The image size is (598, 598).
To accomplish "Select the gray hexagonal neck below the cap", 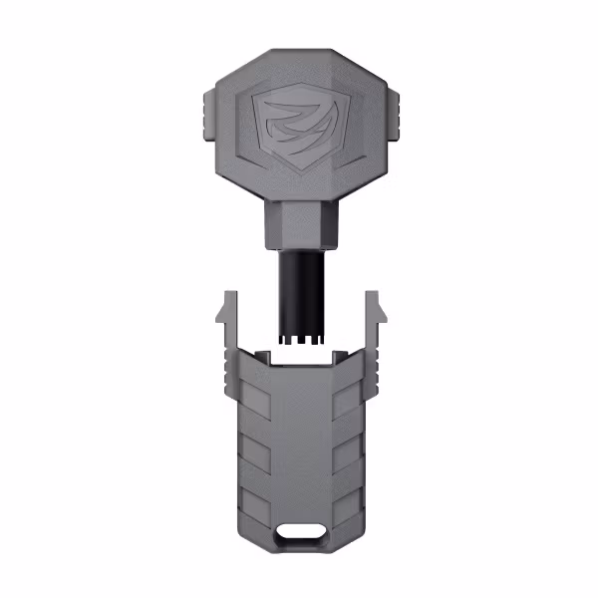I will [298, 224].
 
